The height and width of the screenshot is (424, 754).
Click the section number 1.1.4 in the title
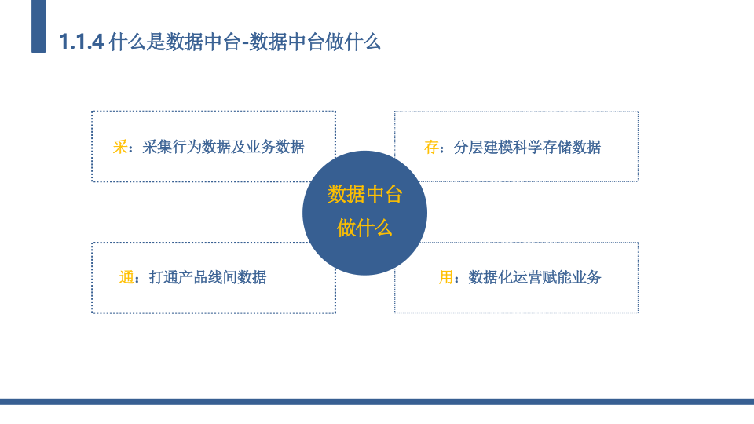point(81,42)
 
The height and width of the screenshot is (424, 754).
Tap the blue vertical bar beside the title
point(38,26)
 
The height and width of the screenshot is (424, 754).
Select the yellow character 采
point(119,147)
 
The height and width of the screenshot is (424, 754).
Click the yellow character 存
point(431,147)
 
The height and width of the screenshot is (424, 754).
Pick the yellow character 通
point(126,277)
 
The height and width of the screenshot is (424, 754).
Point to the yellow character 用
point(446,277)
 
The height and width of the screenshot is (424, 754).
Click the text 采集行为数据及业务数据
point(224,147)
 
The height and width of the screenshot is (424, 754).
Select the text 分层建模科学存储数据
point(528,147)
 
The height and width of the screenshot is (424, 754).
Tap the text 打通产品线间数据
point(207,277)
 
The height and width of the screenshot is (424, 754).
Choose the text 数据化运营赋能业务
point(535,277)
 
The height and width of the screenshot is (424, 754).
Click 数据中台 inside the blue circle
point(365,195)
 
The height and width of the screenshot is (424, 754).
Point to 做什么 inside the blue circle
point(365,228)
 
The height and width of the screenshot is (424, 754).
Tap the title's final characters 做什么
point(353,42)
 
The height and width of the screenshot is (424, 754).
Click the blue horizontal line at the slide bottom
point(377,402)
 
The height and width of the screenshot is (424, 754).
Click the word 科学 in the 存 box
point(528,147)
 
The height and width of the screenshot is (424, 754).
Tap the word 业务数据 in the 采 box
point(275,147)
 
